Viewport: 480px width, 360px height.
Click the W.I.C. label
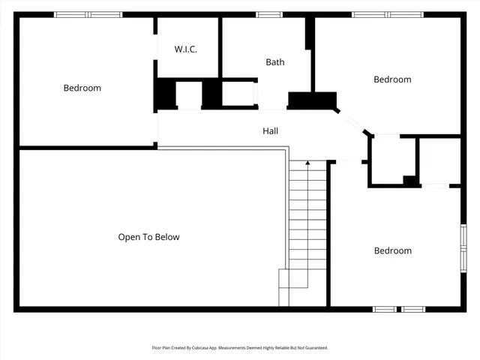tap(186, 49)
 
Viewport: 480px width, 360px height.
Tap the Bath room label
tap(275, 62)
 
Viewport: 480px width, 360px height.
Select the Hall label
tap(271, 131)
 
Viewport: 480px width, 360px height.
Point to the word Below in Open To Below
tap(166, 237)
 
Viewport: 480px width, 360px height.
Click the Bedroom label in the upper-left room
tap(82, 88)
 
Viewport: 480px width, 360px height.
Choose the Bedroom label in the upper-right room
tap(392, 79)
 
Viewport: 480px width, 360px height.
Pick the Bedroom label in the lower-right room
tap(392, 250)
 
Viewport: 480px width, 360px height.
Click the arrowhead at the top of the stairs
tap(308, 163)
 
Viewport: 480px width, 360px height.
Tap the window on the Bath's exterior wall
tap(269, 14)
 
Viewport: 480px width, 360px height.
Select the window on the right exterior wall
tap(463, 247)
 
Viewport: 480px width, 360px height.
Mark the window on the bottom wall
tap(399, 308)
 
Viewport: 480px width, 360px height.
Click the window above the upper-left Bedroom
tap(88, 14)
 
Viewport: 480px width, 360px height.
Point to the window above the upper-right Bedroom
tap(387, 14)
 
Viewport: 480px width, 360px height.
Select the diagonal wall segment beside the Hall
tap(351, 122)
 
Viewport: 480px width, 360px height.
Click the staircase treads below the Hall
tap(308, 225)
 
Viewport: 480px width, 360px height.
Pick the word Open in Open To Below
tap(129, 237)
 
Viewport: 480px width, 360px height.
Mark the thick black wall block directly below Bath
tap(312, 100)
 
